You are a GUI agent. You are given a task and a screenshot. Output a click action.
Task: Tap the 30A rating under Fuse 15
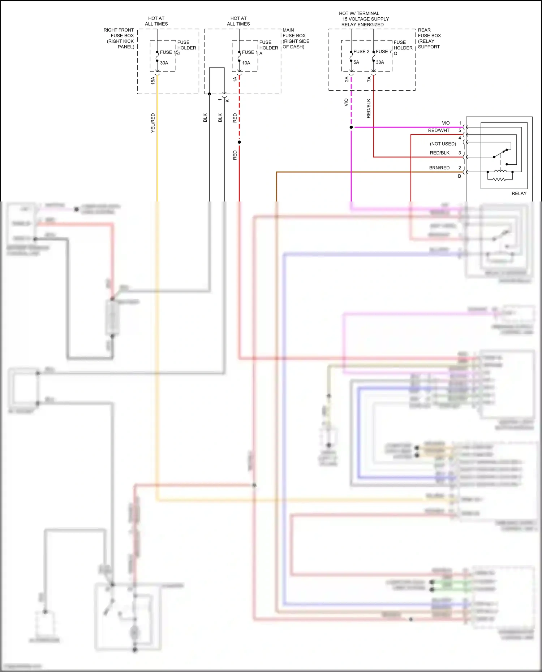click(164, 63)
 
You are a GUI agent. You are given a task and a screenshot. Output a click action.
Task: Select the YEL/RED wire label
click(153, 123)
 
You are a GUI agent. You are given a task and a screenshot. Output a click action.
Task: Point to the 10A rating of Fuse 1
click(246, 63)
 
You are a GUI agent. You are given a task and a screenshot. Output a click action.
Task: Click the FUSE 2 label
click(361, 52)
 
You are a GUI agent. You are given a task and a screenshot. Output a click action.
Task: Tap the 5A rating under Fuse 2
click(356, 62)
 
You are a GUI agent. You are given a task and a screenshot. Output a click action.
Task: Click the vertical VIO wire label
click(346, 103)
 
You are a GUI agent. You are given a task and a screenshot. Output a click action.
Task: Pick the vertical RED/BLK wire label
click(369, 108)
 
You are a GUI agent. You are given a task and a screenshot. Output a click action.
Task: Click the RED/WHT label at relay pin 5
click(439, 130)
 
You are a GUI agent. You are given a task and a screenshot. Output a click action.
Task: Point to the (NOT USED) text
click(443, 144)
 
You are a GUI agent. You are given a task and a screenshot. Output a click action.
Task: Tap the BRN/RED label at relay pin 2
click(439, 168)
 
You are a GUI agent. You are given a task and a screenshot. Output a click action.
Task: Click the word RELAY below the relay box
click(519, 194)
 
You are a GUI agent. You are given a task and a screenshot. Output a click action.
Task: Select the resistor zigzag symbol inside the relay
click(500, 179)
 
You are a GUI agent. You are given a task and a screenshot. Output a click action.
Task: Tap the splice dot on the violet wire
click(351, 127)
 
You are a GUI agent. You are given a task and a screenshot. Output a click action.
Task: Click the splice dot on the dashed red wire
click(239, 142)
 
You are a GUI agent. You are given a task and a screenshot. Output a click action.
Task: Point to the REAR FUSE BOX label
click(429, 35)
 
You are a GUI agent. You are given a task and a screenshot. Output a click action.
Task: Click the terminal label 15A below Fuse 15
click(153, 80)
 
